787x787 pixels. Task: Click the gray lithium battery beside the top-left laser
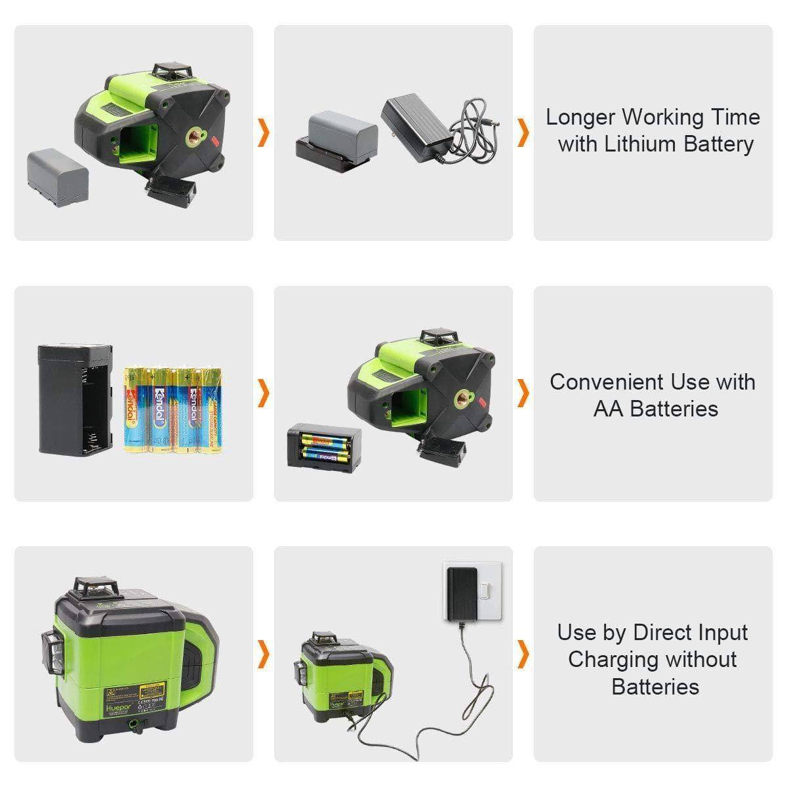[58, 178]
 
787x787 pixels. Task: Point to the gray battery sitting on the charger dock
[342, 130]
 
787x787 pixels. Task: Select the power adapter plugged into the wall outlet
[462, 593]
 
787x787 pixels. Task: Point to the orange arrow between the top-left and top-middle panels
[264, 132]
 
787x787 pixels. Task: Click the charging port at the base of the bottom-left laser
[136, 723]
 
